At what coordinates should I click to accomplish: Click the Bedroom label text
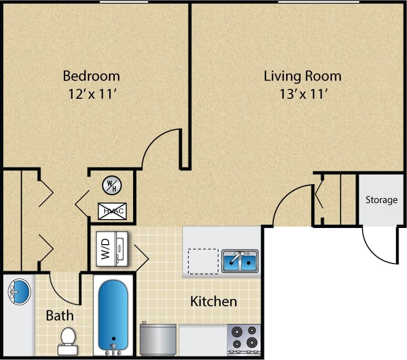pyautogui.click(x=91, y=75)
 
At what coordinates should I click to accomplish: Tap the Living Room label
pyautogui.click(x=302, y=75)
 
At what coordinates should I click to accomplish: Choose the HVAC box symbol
pyautogui.click(x=112, y=211)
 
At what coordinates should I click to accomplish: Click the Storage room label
pyautogui.click(x=381, y=200)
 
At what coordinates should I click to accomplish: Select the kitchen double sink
pyautogui.click(x=240, y=260)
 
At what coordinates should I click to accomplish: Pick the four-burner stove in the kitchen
pyautogui.click(x=244, y=338)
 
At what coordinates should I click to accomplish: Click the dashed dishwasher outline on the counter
pyautogui.click(x=202, y=261)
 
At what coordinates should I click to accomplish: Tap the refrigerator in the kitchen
pyautogui.click(x=158, y=339)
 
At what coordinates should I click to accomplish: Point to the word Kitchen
pyautogui.click(x=213, y=302)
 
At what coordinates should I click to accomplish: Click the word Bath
pyautogui.click(x=59, y=316)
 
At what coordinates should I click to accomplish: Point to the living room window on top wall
pyautogui.click(x=318, y=2)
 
